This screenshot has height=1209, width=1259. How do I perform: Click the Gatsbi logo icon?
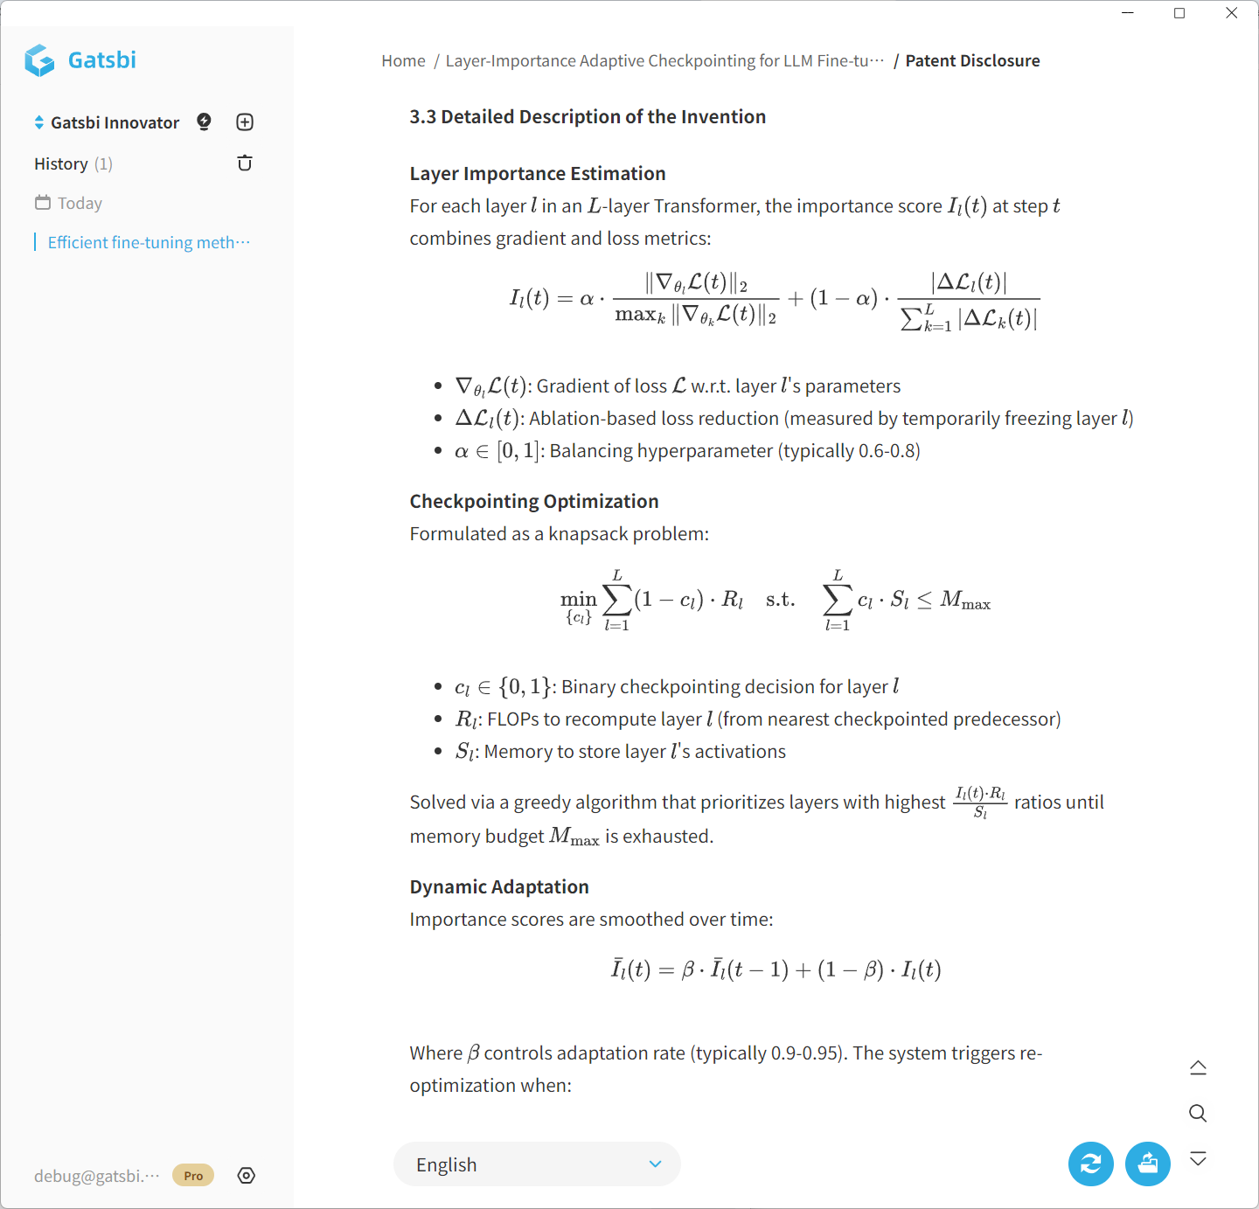39,60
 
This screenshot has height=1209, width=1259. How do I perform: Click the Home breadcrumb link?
403,61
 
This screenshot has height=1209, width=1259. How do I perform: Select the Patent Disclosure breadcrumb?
972,61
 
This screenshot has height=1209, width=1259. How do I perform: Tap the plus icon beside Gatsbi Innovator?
245,122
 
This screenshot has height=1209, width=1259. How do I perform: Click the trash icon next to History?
245,163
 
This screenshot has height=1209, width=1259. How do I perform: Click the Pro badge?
193,1176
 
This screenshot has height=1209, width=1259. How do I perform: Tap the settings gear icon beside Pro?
247,1176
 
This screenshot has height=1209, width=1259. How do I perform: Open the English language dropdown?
537,1164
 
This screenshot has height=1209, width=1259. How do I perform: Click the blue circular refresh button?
1090,1164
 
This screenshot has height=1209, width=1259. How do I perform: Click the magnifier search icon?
1198,1113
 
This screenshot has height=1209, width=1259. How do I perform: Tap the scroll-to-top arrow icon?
1198,1067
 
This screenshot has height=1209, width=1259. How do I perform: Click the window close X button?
1231,13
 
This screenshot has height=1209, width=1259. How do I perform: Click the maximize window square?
1179,13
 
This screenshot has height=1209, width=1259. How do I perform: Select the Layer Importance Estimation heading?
538,173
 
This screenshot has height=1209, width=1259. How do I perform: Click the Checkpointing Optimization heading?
534,501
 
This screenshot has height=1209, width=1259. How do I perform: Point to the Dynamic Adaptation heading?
499,886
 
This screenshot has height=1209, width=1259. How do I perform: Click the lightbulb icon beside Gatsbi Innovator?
204,122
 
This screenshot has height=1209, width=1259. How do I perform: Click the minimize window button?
1128,13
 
